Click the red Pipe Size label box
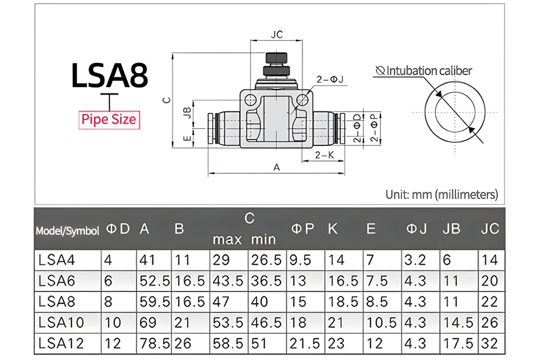[x=109, y=120]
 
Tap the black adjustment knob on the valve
[x=276, y=58]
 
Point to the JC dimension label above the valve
[x=277, y=35]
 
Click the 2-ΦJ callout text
[x=330, y=80]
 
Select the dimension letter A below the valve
[x=277, y=167]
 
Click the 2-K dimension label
[x=324, y=155]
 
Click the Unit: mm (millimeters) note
[x=442, y=194]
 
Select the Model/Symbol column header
[x=67, y=231]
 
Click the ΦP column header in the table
[x=302, y=229]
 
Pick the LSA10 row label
[x=61, y=322]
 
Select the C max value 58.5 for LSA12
[x=228, y=344]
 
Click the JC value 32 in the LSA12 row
[x=490, y=344]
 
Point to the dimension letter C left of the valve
[x=166, y=100]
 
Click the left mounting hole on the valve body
[x=250, y=99]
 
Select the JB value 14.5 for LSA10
[x=458, y=322]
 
